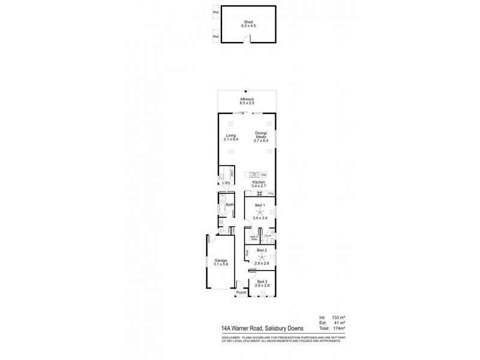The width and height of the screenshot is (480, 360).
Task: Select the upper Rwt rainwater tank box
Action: pos(215,11)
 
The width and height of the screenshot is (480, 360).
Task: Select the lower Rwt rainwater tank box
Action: pos(215,37)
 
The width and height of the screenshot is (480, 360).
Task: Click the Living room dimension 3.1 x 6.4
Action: pos(231,139)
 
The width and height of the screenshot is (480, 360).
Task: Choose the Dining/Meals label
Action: pos(261,136)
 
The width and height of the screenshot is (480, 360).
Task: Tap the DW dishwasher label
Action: pos(263,174)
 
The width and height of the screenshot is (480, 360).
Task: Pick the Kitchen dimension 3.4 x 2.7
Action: pos(259,186)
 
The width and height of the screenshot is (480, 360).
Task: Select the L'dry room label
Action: pos(226,182)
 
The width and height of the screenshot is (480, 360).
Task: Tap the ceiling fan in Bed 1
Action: pos(259,213)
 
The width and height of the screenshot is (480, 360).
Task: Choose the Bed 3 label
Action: pos(262,281)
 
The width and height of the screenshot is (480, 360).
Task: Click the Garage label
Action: pos(221,260)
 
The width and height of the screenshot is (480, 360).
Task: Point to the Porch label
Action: pos(241,293)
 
